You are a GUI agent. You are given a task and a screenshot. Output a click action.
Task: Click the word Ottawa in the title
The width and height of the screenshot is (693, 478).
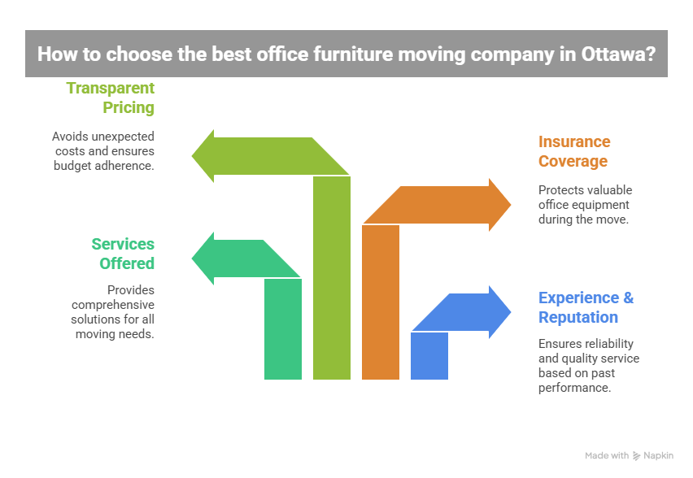[611, 54]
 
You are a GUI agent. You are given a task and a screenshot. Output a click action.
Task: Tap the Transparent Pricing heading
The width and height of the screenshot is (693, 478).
[111, 97]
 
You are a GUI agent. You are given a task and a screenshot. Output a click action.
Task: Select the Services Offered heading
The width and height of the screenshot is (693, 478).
[123, 253]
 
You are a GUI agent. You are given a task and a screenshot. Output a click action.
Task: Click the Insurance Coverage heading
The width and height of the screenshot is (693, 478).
[574, 150]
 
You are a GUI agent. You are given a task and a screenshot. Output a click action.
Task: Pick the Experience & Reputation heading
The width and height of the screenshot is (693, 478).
[586, 306]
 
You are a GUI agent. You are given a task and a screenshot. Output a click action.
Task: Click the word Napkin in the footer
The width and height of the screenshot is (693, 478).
[659, 456]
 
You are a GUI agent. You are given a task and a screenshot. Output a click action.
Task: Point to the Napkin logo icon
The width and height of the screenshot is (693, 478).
[637, 456]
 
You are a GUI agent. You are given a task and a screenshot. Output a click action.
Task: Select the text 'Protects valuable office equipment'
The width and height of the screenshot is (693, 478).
[585, 204]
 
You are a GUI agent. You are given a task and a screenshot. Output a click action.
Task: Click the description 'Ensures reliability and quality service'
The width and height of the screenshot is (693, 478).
[588, 366]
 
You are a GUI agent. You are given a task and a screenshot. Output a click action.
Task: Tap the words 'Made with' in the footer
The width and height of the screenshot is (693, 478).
[607, 456]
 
